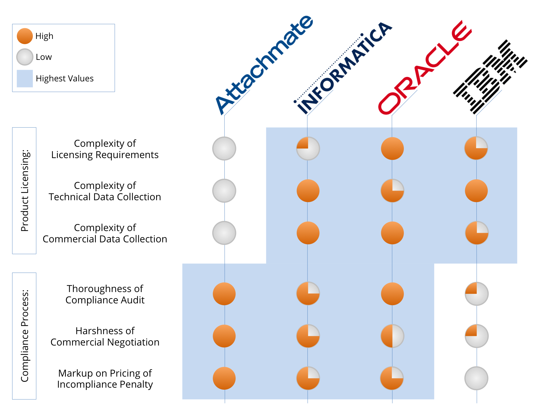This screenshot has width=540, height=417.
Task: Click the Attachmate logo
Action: [x=264, y=64]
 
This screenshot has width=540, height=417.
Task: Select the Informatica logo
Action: [x=344, y=68]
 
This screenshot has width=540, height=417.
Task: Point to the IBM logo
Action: [x=491, y=77]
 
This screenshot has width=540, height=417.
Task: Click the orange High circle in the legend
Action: [x=25, y=36]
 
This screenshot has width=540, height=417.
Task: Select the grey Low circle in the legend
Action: [x=25, y=57]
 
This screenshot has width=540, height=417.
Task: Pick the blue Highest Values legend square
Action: [x=25, y=78]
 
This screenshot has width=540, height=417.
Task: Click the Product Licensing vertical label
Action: [x=24, y=191]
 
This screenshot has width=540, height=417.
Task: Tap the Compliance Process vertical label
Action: [x=24, y=336]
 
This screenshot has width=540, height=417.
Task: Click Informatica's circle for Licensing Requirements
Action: [x=308, y=148]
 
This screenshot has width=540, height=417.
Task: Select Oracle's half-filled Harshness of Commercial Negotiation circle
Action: [x=392, y=336]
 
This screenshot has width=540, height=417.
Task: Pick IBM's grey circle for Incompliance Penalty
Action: [x=476, y=378]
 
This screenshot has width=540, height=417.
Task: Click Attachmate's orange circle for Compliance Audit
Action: [x=224, y=294]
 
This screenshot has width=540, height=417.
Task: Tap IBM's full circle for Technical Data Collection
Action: [x=476, y=191]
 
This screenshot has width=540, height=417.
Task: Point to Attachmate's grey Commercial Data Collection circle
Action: [x=224, y=233]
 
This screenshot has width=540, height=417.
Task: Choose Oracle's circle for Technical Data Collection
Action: [x=392, y=191]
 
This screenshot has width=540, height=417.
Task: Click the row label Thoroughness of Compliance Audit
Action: [x=105, y=294]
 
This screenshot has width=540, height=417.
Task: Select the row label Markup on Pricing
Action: [x=105, y=378]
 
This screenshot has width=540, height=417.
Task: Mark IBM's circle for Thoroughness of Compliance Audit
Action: [x=476, y=294]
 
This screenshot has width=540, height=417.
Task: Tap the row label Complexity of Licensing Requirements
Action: [x=105, y=149]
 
